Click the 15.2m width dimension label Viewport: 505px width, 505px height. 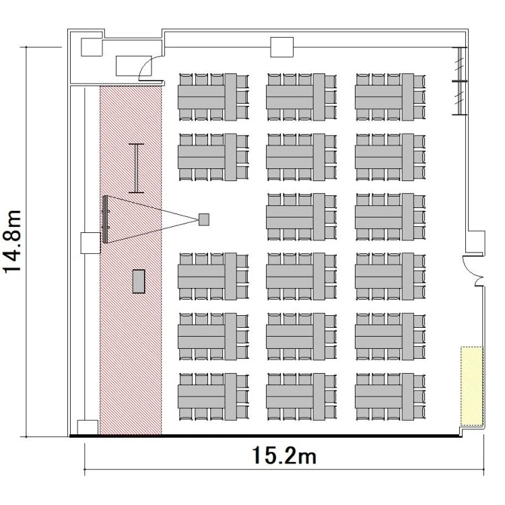[x=283, y=455]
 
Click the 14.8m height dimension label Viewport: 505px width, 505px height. [x=12, y=241]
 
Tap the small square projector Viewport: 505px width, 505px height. [x=204, y=220]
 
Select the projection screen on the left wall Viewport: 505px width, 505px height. [x=105, y=220]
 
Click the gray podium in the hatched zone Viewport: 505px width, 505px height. [x=139, y=281]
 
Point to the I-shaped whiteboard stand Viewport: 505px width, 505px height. [x=136, y=168]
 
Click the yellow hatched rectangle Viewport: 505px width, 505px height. [x=472, y=386]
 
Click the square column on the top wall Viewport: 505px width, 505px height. [x=282, y=47]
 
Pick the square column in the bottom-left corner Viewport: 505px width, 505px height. [x=88, y=428]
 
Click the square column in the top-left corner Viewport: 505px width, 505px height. [x=92, y=47]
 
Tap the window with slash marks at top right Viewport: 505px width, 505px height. [x=460, y=81]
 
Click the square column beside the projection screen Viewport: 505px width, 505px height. [x=90, y=242]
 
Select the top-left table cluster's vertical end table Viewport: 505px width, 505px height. [x=230, y=97]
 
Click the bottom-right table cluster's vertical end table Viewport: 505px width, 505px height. [x=408, y=397]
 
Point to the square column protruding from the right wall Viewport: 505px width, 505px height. [x=476, y=243]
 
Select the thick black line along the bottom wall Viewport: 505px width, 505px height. [x=266, y=436]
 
